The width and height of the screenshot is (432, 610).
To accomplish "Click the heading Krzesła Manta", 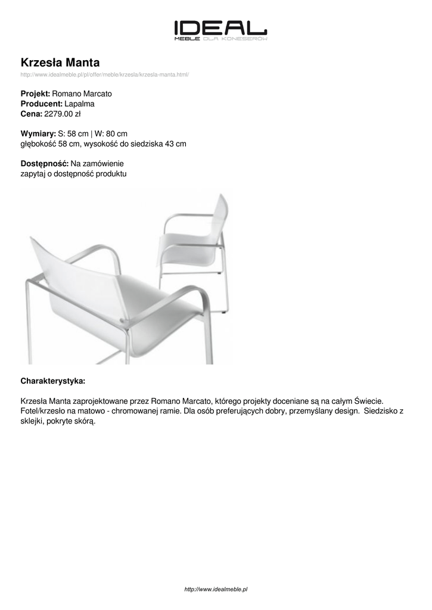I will pyautogui.click(x=60, y=63).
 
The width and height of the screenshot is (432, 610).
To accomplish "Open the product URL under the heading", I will pyautogui.click(x=105, y=74).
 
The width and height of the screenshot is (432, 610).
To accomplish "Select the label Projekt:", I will pyautogui.click(x=35, y=94).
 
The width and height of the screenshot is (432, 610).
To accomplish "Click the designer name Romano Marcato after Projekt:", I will pyautogui.click(x=82, y=94).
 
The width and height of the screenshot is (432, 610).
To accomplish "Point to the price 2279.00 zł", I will pyautogui.click(x=63, y=113).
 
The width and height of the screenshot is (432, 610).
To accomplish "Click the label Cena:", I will pyautogui.click(x=31, y=113).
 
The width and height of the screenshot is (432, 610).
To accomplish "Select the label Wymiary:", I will pyautogui.click(x=38, y=133).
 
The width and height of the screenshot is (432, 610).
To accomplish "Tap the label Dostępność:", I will pyautogui.click(x=45, y=164).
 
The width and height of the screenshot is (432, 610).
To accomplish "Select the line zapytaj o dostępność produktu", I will pyautogui.click(x=73, y=174).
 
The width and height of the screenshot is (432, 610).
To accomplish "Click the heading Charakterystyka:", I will pyautogui.click(x=52, y=380).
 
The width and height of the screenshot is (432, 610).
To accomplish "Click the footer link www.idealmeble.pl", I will pyautogui.click(x=216, y=589).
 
